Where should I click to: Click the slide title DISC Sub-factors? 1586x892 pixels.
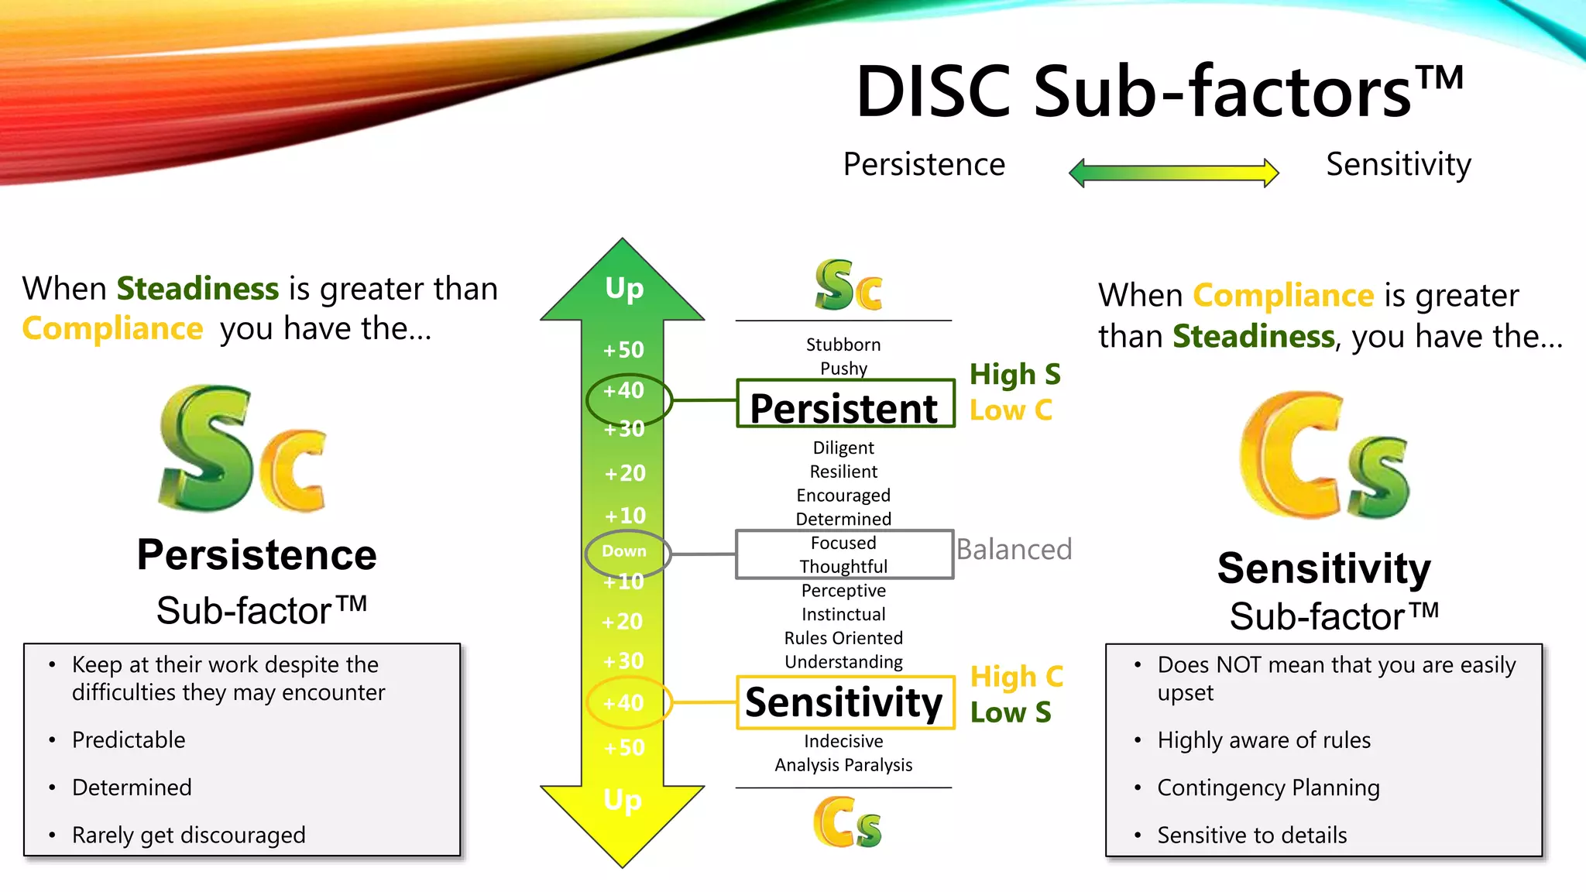[x=1159, y=91]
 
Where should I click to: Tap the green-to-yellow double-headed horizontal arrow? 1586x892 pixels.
[x=1173, y=173]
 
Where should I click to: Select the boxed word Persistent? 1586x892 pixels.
[x=844, y=408]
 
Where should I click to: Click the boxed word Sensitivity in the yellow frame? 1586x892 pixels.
[x=844, y=702]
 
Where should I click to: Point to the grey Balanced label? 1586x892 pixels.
[x=1014, y=550]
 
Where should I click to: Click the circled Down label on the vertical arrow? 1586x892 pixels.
[x=624, y=551]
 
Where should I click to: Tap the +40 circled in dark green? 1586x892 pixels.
[x=624, y=390]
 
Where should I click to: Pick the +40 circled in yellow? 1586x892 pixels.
[x=624, y=703]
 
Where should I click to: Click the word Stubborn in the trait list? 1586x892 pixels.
[x=843, y=345]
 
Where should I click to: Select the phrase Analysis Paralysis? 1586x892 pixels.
[x=843, y=765]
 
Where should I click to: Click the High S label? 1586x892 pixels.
[x=1014, y=375]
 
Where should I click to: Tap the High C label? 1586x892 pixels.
[x=1016, y=677]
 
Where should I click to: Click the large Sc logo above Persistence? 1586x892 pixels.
[x=242, y=450]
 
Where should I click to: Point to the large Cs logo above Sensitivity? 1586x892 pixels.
[x=1324, y=457]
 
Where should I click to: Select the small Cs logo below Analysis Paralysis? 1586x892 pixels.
[x=847, y=823]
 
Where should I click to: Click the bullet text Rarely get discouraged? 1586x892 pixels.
[x=188, y=835]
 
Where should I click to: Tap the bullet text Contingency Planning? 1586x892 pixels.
[x=1268, y=787]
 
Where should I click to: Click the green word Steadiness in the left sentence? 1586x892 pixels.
[x=197, y=289]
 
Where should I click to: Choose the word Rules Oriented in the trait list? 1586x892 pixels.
[x=843, y=638]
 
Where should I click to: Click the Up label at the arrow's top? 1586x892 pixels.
[x=624, y=288]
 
